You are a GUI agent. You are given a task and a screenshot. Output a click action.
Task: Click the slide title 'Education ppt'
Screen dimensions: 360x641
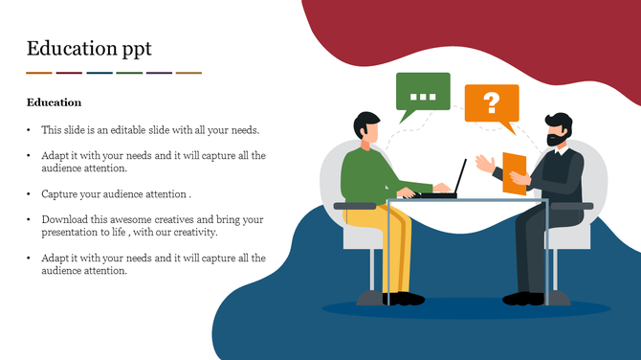(89, 48)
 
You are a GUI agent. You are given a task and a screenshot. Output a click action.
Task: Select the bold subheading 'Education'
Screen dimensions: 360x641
(54, 102)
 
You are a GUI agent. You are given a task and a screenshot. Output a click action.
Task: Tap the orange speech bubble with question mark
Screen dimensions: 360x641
(491, 103)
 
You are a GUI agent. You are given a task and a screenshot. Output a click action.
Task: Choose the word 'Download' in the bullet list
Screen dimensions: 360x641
(64, 219)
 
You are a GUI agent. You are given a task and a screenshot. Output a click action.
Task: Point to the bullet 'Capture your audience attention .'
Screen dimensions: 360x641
(116, 193)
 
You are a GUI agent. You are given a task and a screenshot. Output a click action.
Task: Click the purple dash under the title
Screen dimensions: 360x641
(159, 73)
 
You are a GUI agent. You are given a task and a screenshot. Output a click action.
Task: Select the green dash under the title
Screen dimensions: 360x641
(129, 73)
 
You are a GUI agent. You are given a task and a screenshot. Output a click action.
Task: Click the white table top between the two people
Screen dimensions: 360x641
(469, 201)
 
